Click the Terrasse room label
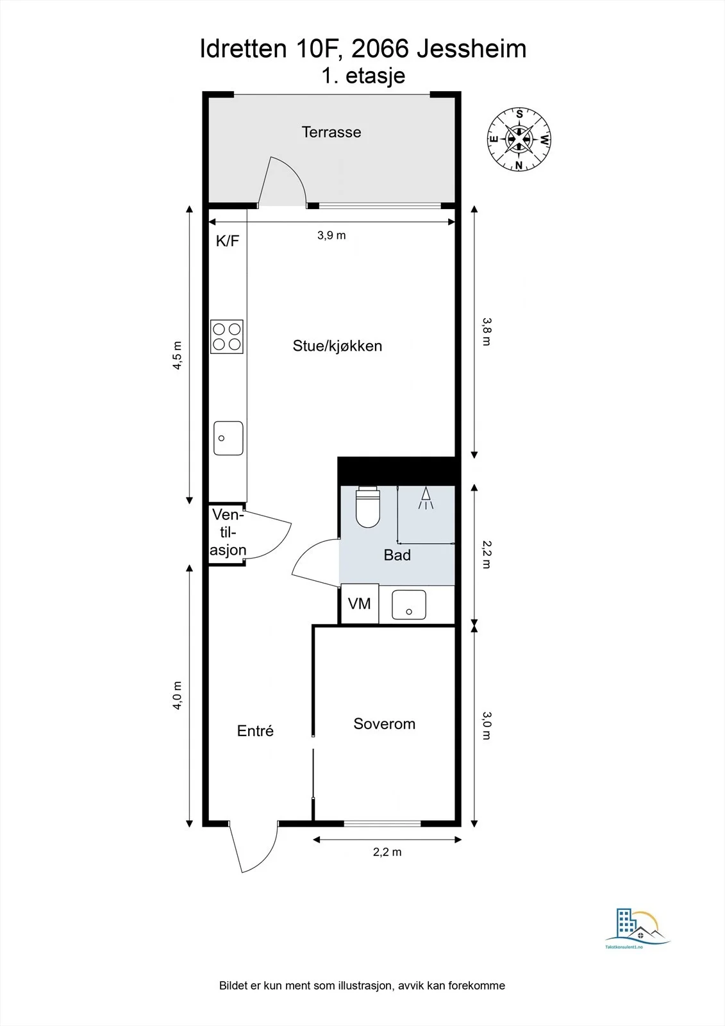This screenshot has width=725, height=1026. pos(331,132)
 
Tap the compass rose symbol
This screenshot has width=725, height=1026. pos(519,139)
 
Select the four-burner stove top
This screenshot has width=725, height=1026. pos(227,337)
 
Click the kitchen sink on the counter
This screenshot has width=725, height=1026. pos(228,439)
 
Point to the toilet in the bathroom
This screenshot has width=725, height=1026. pos(368,507)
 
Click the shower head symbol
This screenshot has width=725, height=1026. pos(426,498)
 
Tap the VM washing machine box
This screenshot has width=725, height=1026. pos(360,603)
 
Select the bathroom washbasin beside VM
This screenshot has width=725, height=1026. pos(409,605)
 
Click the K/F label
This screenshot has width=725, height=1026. pos(228,241)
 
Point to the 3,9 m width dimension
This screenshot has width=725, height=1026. pos(331,235)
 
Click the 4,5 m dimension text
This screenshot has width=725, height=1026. pos(177,355)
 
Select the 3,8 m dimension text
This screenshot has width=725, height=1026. pos(487,332)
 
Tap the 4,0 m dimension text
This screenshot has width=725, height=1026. pos(177,695)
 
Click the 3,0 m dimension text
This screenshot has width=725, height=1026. pos(487,725)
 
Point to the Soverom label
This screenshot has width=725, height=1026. pos(384,724)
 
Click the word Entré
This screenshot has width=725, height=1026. pos(255,730)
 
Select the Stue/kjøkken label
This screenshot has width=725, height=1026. pos(337,346)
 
